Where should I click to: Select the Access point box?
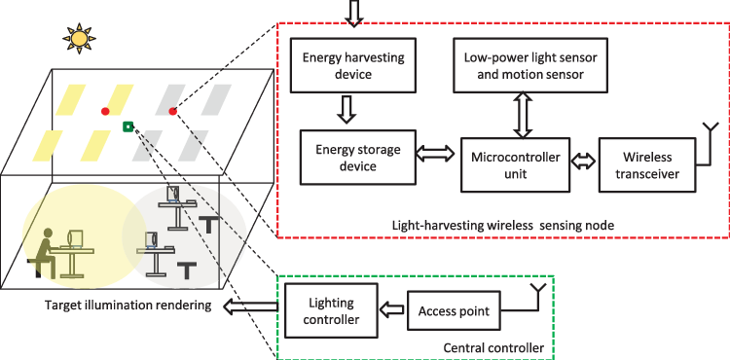453,312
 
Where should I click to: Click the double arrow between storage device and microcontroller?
434,154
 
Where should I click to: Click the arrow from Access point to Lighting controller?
389,312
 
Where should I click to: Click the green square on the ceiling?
128,126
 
